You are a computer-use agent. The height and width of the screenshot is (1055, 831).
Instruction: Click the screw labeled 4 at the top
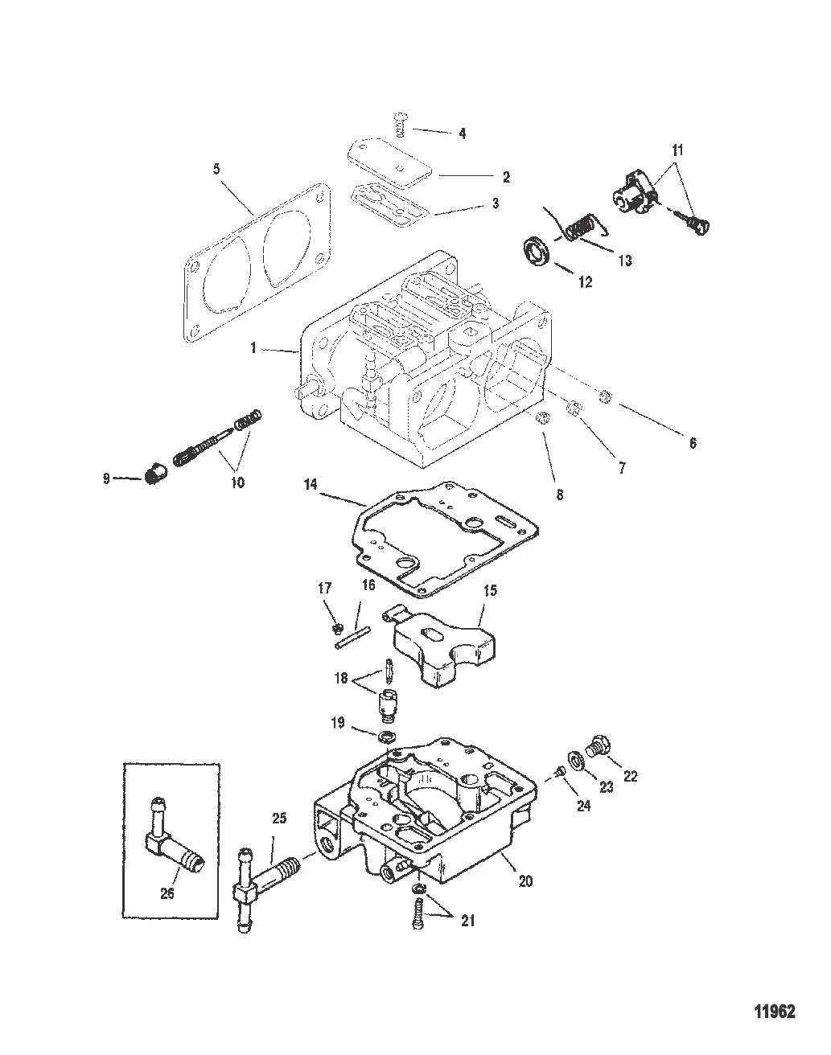(401, 125)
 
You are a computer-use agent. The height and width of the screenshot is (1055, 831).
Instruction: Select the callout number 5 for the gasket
(216, 169)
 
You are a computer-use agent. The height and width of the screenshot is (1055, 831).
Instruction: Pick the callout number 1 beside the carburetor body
(253, 348)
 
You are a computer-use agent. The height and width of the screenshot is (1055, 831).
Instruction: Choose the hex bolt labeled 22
(598, 761)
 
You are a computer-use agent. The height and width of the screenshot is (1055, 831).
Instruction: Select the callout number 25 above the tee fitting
(279, 819)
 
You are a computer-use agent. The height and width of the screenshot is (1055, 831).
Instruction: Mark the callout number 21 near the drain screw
(468, 921)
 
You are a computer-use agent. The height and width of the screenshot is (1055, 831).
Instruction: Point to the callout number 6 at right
(693, 443)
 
